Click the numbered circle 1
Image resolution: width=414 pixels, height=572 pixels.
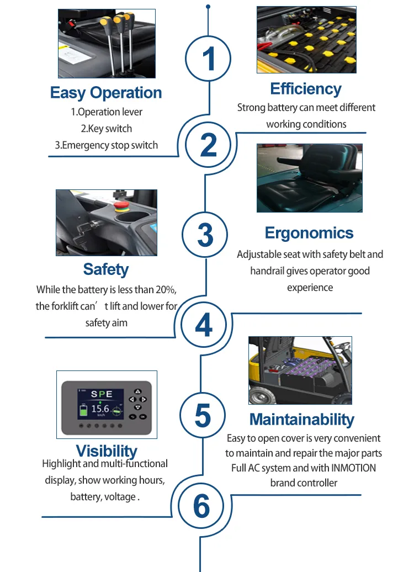(208, 59)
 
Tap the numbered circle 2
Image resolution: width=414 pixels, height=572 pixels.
(208, 145)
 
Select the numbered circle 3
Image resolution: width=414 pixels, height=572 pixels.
(205, 235)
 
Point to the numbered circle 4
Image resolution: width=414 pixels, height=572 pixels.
(204, 324)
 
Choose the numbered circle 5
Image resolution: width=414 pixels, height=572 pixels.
(203, 415)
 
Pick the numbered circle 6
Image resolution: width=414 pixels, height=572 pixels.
(201, 506)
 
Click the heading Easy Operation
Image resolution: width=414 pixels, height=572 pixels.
(106, 93)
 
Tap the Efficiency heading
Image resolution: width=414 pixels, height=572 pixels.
(306, 89)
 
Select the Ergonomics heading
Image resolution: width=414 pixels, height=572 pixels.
(309, 233)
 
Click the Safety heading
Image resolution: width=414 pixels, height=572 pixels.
(106, 269)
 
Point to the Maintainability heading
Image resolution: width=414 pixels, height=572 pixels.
(301, 420)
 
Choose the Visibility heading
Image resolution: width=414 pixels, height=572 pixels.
(107, 451)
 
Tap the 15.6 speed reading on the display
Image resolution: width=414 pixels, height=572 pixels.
(99, 409)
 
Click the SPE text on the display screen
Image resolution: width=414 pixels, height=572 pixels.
(102, 394)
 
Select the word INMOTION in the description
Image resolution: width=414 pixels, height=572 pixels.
(353, 468)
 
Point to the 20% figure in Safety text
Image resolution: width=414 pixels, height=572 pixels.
(166, 290)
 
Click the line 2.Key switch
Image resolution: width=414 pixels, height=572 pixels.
(106, 129)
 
